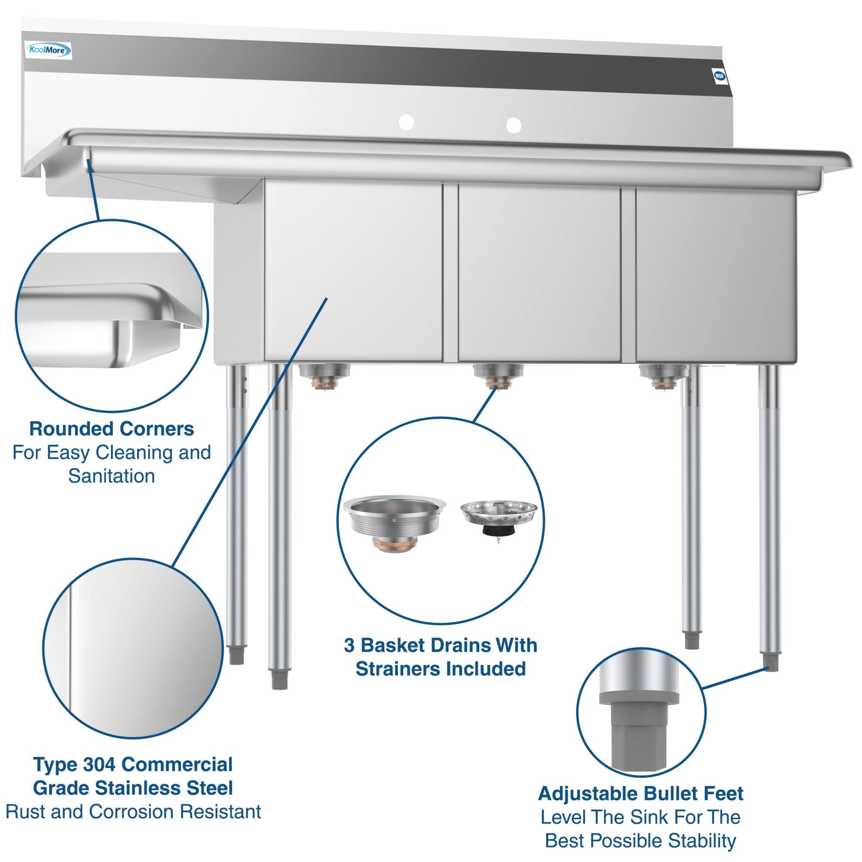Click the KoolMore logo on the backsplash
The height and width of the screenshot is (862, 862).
48,50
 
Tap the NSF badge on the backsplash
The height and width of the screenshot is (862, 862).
719,76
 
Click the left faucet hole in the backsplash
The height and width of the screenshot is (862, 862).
406,122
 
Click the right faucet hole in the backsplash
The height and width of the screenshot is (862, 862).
514,125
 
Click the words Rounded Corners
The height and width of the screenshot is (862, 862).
112,429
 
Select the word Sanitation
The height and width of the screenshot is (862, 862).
112,476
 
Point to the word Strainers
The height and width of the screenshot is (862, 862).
408,669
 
